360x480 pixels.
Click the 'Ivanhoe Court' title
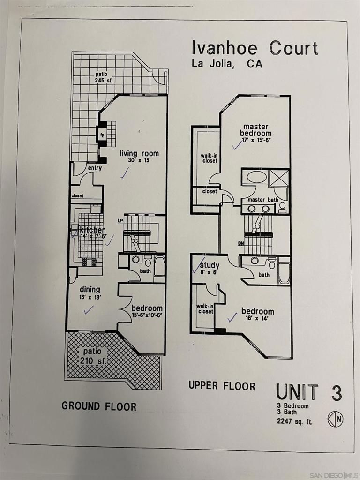[x=255, y=48]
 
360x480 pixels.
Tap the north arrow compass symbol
[x=335, y=419]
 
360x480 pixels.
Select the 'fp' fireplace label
[x=102, y=135]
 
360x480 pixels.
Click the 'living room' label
[x=139, y=153]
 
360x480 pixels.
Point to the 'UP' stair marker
[x=120, y=220]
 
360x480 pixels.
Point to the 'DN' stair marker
[x=241, y=244]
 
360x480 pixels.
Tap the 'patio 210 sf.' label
[x=93, y=356]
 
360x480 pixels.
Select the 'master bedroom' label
[x=255, y=130]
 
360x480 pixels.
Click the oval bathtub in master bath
[x=256, y=177]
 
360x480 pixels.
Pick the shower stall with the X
[x=278, y=178]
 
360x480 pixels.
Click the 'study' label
[x=210, y=265]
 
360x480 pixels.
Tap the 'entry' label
[x=95, y=168]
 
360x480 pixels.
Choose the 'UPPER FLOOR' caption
[x=222, y=385]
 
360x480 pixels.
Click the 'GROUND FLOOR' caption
[x=99, y=406]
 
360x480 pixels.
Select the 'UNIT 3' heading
[x=309, y=392]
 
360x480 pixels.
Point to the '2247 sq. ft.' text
[x=295, y=421]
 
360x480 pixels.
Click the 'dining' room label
[x=90, y=289]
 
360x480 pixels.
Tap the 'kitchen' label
[x=92, y=230]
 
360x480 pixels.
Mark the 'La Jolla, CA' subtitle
[x=227, y=64]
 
